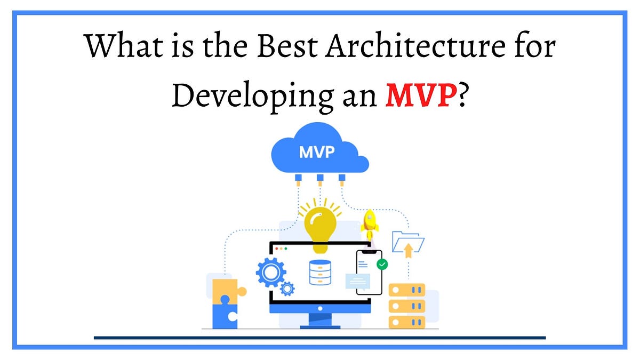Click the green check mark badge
pos(382,264)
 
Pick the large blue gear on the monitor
pos(271,272)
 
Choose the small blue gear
pos(287,289)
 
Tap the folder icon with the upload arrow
pos(408,243)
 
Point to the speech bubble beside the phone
pos(357,281)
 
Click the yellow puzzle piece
pos(226,291)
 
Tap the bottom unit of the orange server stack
pos(406,322)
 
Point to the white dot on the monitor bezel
pos(320,308)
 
